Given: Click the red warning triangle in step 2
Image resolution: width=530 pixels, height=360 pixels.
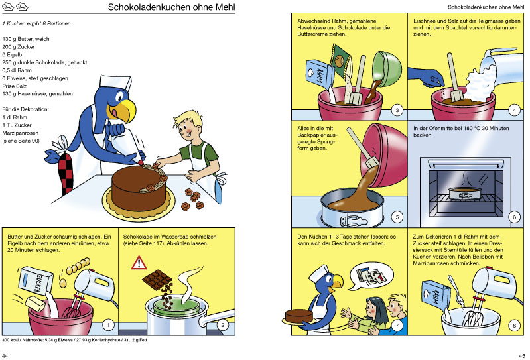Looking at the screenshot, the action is tap(139, 263).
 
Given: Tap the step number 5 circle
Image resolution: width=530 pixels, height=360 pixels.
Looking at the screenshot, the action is tap(397, 217).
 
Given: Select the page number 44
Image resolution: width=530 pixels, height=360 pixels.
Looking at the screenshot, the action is tap(5, 355).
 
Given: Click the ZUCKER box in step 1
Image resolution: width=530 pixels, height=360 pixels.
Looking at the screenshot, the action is tap(35, 280).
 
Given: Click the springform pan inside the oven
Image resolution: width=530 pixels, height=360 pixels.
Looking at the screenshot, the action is tap(465, 194).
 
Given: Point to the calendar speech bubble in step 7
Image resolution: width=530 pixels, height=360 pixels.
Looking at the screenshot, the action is tap(371, 276).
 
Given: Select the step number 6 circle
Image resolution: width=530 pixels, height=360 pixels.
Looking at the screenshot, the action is tap(515, 217).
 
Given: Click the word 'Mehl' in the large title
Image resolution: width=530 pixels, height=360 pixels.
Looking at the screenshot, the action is tap(225, 7).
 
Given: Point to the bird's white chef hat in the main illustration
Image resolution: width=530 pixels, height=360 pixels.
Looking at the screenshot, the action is tap(115, 83).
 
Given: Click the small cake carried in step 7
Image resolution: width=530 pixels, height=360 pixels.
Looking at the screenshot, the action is tap(298, 316).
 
